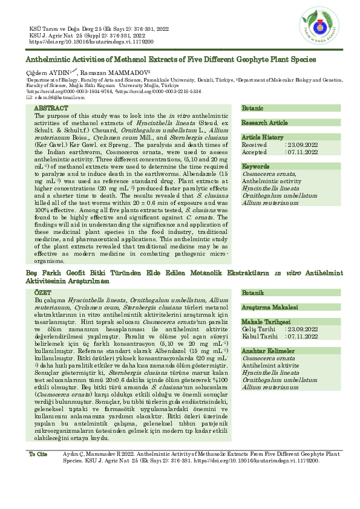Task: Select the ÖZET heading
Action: [x=44, y=292]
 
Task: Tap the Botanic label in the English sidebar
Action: [x=252, y=108]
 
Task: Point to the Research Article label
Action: [x=264, y=123]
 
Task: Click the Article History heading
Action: [x=263, y=138]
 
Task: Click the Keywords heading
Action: [x=255, y=166]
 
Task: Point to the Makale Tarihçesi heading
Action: [x=266, y=322]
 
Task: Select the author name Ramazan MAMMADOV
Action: [x=105, y=72]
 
